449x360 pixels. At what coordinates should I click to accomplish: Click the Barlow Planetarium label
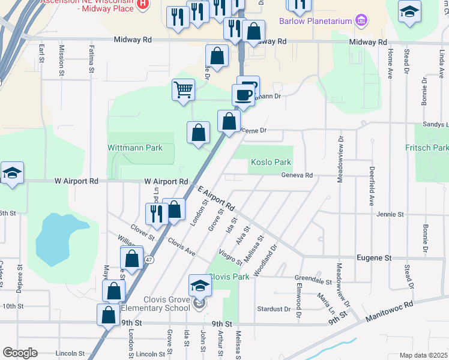[316, 22]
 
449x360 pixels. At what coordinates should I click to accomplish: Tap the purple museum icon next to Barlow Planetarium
[361, 22]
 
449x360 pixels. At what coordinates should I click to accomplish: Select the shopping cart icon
[183, 91]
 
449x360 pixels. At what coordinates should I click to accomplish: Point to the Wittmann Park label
[135, 148]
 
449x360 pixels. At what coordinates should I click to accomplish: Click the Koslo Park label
[271, 162]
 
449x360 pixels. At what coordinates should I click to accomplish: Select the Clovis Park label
[228, 277]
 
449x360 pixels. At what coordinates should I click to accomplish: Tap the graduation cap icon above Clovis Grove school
[200, 284]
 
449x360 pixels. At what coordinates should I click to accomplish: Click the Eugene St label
[374, 257]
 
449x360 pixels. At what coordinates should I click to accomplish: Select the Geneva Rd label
[297, 175]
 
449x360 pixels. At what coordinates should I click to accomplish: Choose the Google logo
[20, 353]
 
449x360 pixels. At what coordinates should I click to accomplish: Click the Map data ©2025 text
[423, 355]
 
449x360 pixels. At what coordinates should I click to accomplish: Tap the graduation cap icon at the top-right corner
[409, 11]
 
